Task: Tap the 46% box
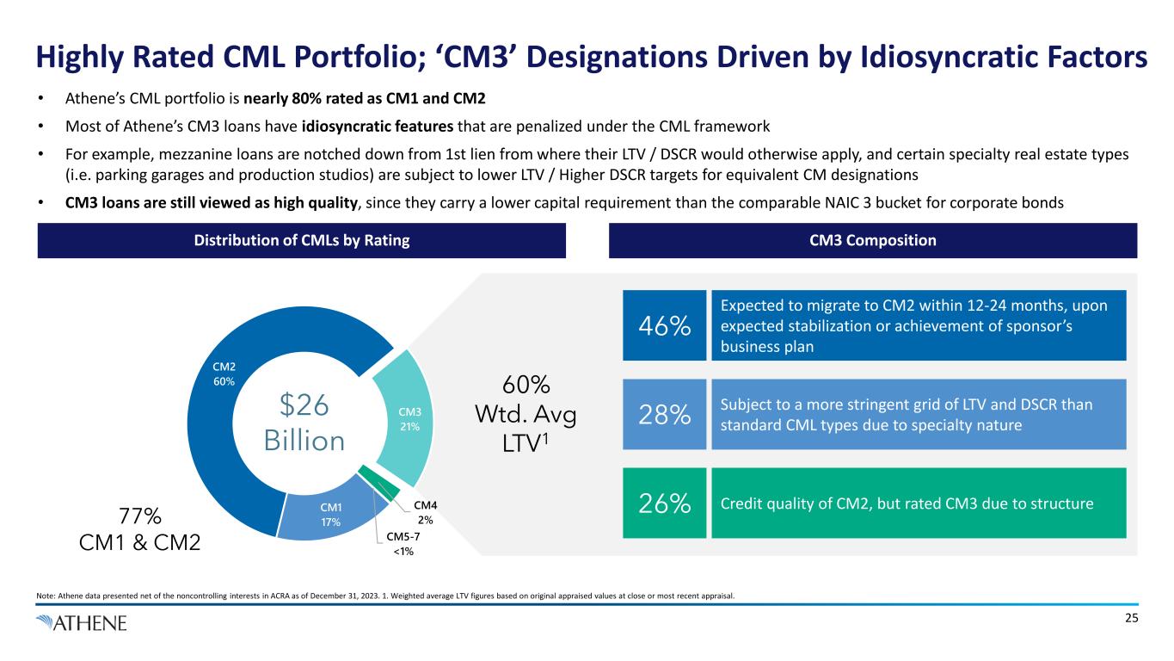[x=664, y=326]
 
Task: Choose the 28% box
[x=664, y=415]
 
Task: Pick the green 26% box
[x=664, y=503]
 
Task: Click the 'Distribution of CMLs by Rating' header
[x=302, y=241]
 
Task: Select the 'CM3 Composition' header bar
[x=872, y=241]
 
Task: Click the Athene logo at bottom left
[x=82, y=622]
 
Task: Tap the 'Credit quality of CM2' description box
[x=918, y=503]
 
